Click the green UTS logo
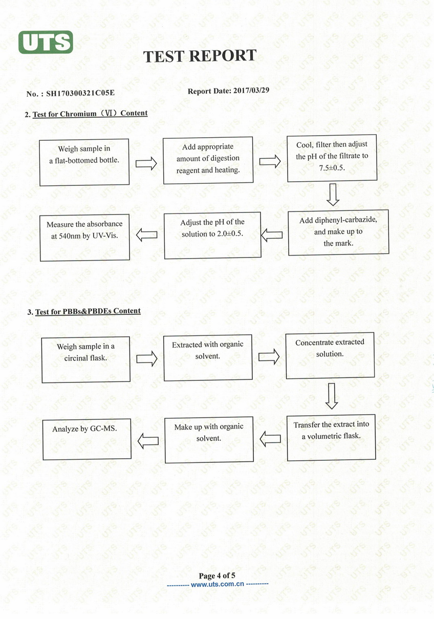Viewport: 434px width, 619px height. (x=46, y=42)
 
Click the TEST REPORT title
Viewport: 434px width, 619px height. (x=200, y=56)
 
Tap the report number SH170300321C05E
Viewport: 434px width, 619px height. (x=80, y=93)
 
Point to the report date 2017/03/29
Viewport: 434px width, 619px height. (x=251, y=90)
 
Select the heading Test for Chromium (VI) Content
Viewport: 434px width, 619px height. (x=90, y=114)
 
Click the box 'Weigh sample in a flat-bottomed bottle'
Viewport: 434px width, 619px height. (x=84, y=162)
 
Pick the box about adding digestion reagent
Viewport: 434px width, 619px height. (x=208, y=160)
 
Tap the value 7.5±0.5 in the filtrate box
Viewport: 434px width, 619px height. (x=332, y=168)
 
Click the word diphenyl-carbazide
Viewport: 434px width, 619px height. (x=346, y=220)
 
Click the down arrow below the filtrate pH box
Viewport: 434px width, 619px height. (x=333, y=195)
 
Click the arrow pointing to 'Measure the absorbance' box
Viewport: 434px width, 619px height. (x=147, y=235)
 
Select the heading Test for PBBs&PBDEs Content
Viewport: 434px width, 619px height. (x=88, y=311)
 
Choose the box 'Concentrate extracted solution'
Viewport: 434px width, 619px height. (x=330, y=355)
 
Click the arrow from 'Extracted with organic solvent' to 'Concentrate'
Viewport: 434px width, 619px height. (x=269, y=356)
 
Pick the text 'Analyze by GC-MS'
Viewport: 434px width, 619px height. (x=84, y=429)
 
